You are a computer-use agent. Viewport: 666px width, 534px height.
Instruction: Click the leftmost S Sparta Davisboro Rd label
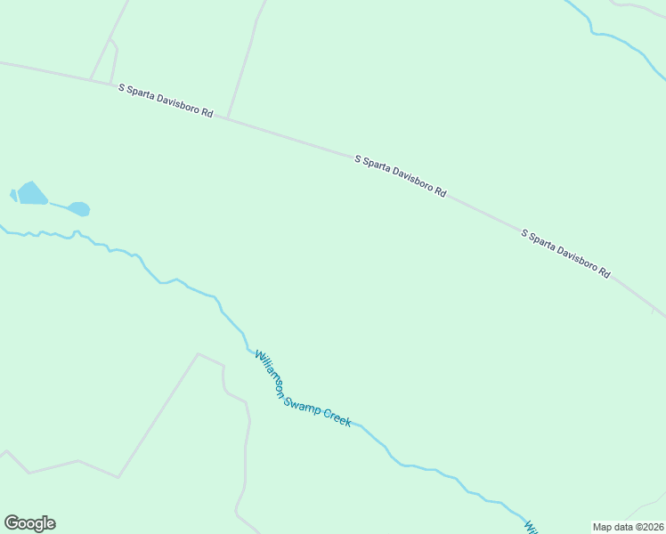(166, 101)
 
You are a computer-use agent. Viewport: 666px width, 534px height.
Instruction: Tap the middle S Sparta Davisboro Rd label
(400, 175)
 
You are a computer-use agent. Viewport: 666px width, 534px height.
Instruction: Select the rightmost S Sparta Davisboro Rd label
(565, 254)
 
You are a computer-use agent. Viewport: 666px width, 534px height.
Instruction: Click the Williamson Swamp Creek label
(303, 389)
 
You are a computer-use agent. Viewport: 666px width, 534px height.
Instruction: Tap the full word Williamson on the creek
(269, 373)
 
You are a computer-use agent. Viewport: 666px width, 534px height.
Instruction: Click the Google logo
(29, 523)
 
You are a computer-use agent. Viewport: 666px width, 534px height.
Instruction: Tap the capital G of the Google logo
(12, 522)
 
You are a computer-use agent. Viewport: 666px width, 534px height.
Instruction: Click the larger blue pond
(32, 193)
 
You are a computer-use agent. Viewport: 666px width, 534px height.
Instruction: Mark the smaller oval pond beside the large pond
(79, 209)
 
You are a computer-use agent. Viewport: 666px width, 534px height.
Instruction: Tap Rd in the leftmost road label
(207, 114)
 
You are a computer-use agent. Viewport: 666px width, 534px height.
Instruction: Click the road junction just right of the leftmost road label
(228, 118)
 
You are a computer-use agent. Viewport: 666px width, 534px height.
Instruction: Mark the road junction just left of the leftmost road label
(91, 80)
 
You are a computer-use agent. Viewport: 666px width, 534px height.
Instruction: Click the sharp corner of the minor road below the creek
(198, 353)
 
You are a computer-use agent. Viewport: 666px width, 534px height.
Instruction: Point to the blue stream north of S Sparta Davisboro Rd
(614, 36)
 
